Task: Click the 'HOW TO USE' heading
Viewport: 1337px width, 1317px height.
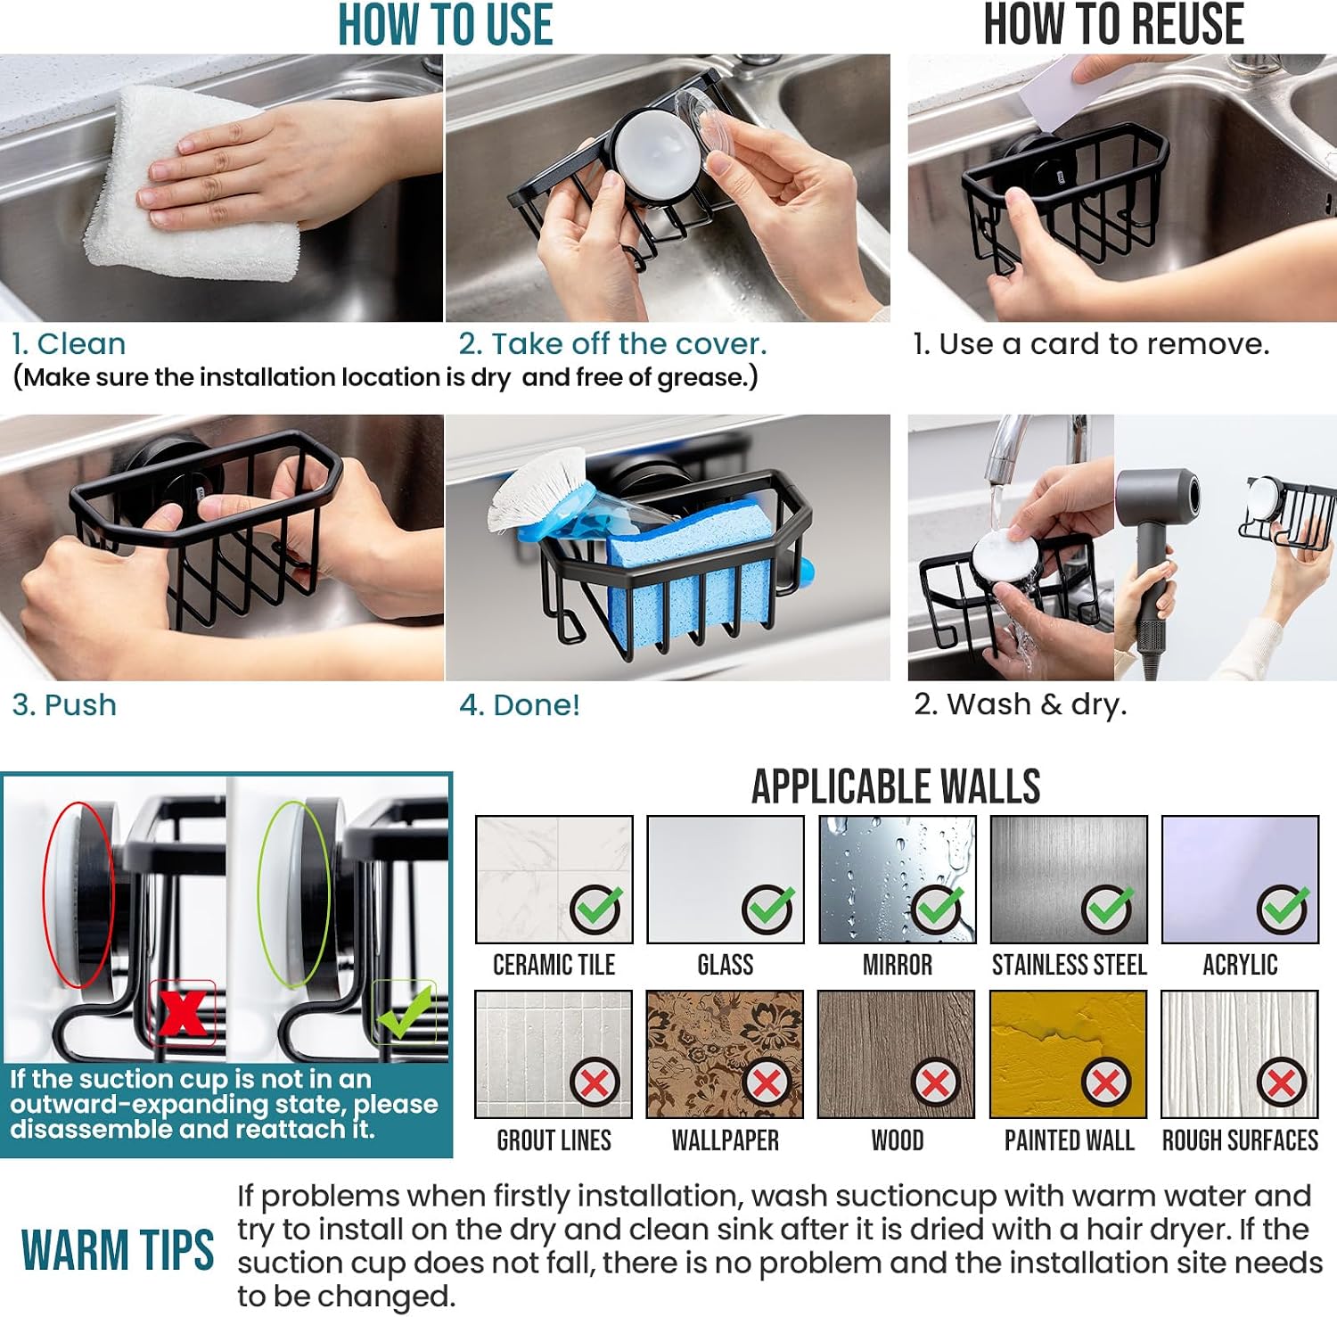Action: coord(445,24)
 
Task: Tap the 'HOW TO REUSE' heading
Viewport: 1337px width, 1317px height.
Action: coord(1113,24)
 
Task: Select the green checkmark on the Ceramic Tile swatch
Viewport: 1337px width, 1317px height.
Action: coord(596,909)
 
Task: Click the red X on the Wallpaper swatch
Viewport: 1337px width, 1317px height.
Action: coord(767,1082)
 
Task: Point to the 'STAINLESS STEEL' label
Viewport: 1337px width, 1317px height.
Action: coord(1069,965)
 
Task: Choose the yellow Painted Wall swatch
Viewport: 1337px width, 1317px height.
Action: coord(1069,1054)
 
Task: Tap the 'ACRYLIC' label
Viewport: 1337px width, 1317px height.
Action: coord(1240,965)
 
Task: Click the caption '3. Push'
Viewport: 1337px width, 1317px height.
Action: coord(64,705)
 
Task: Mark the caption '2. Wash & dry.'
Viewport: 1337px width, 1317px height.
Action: coord(1021,704)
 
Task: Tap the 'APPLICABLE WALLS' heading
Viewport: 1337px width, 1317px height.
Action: coord(896,786)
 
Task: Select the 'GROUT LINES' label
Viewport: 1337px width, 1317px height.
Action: coord(554,1140)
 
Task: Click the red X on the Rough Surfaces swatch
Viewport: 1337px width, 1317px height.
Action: coord(1281,1082)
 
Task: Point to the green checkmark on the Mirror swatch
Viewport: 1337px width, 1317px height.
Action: coord(939,909)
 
